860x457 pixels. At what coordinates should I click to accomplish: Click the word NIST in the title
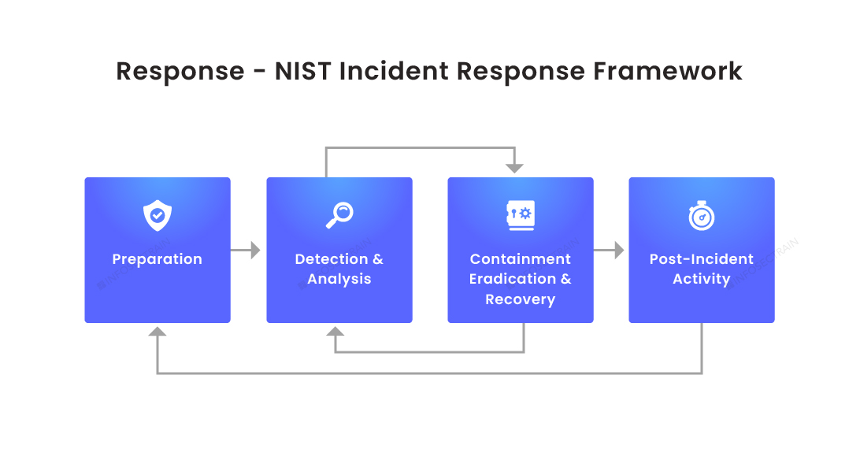pos(303,72)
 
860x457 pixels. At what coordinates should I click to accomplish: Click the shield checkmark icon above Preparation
pos(158,215)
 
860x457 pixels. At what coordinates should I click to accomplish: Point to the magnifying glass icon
pos(339,215)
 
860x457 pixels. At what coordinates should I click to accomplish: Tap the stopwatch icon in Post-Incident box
pos(702,216)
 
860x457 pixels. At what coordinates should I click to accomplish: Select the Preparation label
pos(158,259)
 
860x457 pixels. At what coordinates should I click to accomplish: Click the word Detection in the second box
pos(331,259)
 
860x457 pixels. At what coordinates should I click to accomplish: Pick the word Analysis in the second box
pos(339,279)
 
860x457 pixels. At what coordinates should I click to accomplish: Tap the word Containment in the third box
pos(521,259)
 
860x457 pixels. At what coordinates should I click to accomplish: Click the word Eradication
pos(513,279)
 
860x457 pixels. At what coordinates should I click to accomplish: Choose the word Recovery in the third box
pos(521,299)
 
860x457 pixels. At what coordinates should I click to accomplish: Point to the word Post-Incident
pos(702,259)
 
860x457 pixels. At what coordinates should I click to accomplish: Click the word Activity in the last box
pos(702,279)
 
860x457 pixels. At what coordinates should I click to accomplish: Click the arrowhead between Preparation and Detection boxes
pos(254,251)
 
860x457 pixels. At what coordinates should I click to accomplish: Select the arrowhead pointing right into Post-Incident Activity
pos(618,251)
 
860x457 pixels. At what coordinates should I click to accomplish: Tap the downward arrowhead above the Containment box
pos(514,168)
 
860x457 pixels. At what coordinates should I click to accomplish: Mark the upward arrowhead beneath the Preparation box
pos(158,332)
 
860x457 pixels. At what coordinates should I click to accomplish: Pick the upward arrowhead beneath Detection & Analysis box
pos(335,332)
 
